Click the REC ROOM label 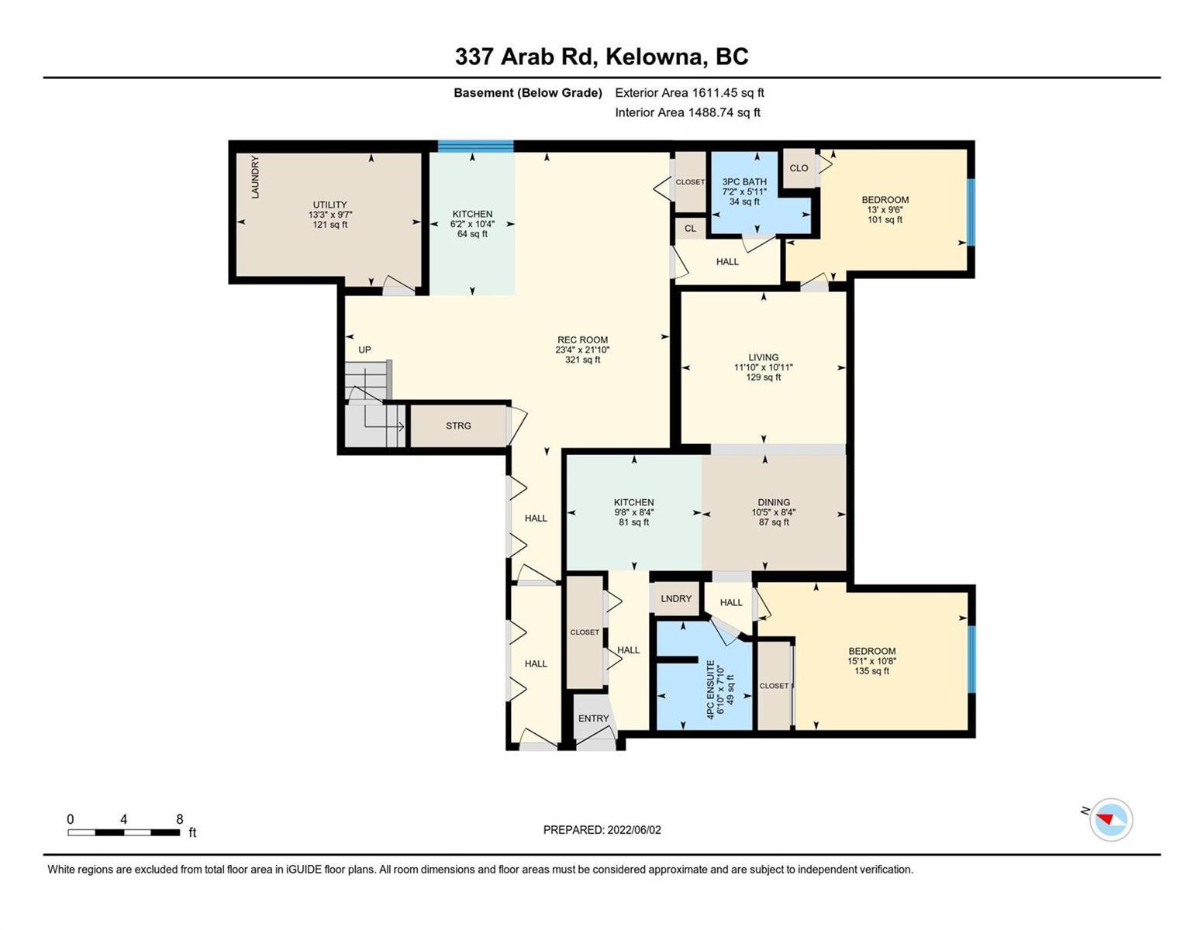[582, 339]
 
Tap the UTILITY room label [329, 205]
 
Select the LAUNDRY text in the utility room [255, 177]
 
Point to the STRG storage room [458, 425]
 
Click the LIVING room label [763, 357]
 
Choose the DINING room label [774, 502]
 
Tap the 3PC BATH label [744, 181]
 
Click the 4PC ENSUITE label [711, 690]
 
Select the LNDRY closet [676, 598]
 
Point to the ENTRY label [593, 718]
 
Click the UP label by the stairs [364, 350]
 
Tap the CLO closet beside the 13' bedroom [799, 168]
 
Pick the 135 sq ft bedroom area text [871, 671]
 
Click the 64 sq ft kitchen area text [472, 234]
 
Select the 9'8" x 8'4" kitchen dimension [634, 512]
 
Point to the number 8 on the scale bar [180, 819]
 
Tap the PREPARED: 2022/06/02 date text [602, 830]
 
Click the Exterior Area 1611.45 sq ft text [689, 92]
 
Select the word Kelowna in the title [654, 57]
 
